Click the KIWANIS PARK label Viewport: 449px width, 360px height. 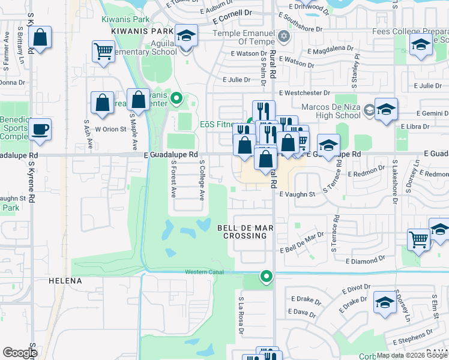[x=142, y=31]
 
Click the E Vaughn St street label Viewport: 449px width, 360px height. [x=297, y=194]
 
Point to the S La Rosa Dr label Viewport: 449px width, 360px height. [x=241, y=315]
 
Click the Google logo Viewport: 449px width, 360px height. [x=20, y=353]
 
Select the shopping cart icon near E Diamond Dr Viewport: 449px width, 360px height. [x=418, y=239]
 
